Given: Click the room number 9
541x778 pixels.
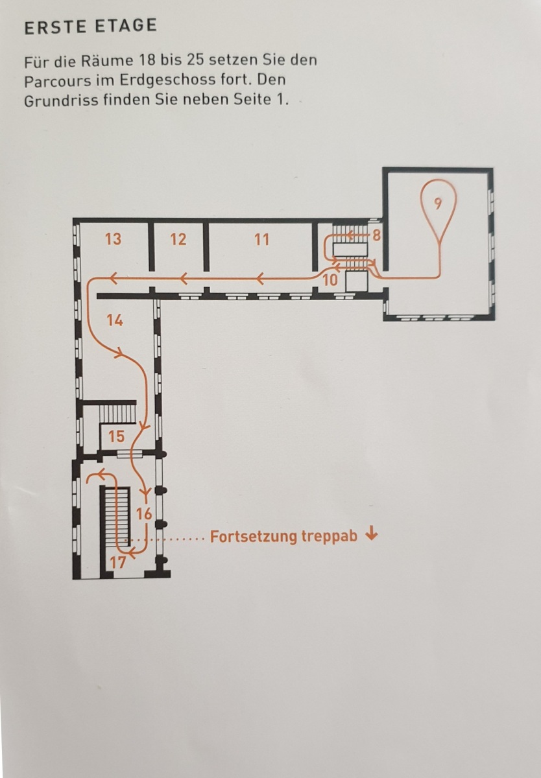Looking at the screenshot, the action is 438,204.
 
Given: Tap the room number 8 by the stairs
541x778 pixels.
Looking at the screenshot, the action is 376,235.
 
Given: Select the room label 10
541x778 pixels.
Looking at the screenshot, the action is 330,280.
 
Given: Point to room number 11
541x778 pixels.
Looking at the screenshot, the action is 261,240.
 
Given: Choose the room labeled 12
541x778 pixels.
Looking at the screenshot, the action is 178,240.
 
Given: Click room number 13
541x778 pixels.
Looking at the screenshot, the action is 114,239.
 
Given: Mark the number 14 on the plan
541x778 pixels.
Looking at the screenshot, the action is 115,320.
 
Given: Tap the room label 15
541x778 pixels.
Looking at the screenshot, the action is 116,436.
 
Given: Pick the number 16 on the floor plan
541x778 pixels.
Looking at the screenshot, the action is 144,514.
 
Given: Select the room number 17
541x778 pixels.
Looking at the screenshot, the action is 118,563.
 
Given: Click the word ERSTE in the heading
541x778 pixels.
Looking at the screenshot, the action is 55,27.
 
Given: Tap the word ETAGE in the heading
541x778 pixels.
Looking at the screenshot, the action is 126,26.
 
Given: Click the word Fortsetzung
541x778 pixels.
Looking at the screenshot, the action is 254,537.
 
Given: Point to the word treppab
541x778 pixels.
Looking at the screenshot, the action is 329,537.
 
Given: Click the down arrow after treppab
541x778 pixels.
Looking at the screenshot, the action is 372,534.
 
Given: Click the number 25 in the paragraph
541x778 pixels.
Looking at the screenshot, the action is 195,60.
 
